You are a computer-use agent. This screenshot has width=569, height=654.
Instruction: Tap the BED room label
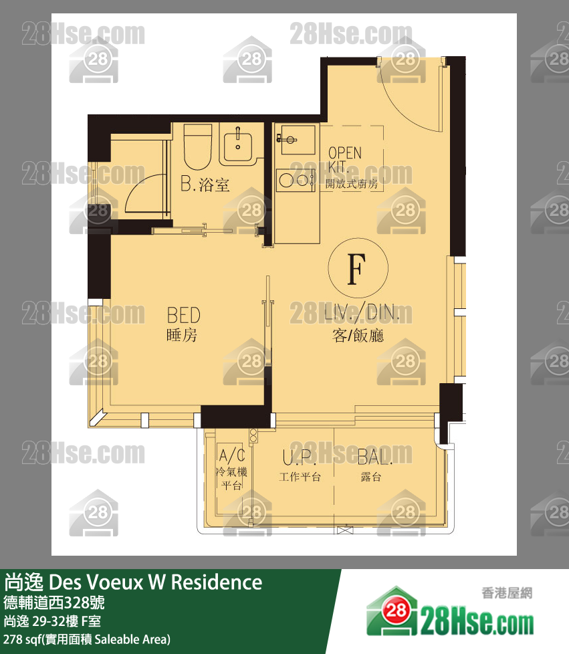(183, 324)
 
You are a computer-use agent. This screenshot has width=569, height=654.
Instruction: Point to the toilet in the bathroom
(198, 146)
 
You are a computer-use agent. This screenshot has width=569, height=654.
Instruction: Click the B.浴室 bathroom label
(205, 185)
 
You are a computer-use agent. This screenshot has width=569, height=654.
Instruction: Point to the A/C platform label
(231, 469)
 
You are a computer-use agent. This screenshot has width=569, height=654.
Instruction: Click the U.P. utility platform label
(300, 466)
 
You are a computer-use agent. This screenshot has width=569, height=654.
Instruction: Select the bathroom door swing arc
(132, 186)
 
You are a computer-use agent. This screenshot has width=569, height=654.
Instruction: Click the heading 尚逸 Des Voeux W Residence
(133, 582)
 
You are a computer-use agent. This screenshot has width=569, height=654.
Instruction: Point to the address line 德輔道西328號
(53, 603)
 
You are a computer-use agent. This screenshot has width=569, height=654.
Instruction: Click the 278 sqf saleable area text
(87, 639)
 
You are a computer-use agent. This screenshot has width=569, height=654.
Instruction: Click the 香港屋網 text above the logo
(507, 592)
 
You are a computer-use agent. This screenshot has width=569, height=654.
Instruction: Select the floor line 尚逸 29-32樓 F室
(52, 621)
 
